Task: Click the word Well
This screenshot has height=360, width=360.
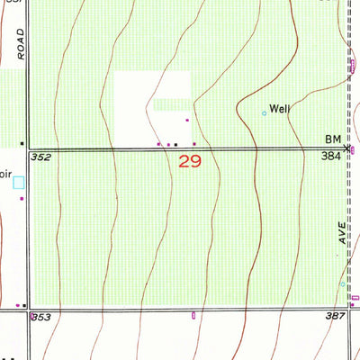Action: pos(281,108)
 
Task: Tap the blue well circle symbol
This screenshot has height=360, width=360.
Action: pos(264,113)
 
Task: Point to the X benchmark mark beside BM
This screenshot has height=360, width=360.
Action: pos(347,147)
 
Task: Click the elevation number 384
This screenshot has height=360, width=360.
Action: pos(331,157)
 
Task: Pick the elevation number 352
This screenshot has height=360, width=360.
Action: pos(39,157)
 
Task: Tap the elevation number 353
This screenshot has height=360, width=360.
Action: pos(40,317)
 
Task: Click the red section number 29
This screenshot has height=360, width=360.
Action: pos(189,162)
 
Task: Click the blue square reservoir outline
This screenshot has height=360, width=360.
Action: pos(19,182)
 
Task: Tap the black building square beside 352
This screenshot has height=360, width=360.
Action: pos(22,143)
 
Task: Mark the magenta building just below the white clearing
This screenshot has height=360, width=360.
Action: pos(187,120)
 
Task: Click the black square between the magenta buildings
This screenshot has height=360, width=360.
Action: pos(176,144)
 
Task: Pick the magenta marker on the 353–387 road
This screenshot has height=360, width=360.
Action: pos(193,315)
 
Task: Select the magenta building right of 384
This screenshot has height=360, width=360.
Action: pos(354,148)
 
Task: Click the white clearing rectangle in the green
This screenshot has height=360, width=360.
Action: pos(150,93)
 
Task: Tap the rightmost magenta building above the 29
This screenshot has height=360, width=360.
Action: pos(194,143)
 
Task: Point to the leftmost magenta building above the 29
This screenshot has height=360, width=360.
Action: pos(159,143)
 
